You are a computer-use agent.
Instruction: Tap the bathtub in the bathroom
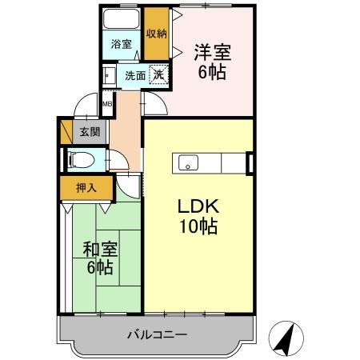click(x=122, y=21)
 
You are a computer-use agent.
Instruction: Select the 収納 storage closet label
click(x=157, y=33)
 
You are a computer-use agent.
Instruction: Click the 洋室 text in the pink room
click(x=212, y=53)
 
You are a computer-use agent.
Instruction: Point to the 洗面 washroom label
click(x=134, y=76)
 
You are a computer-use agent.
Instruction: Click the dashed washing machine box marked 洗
click(x=160, y=75)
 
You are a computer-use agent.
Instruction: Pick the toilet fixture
click(x=78, y=158)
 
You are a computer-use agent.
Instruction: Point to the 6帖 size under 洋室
click(x=212, y=72)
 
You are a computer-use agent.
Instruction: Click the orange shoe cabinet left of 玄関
click(x=66, y=130)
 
